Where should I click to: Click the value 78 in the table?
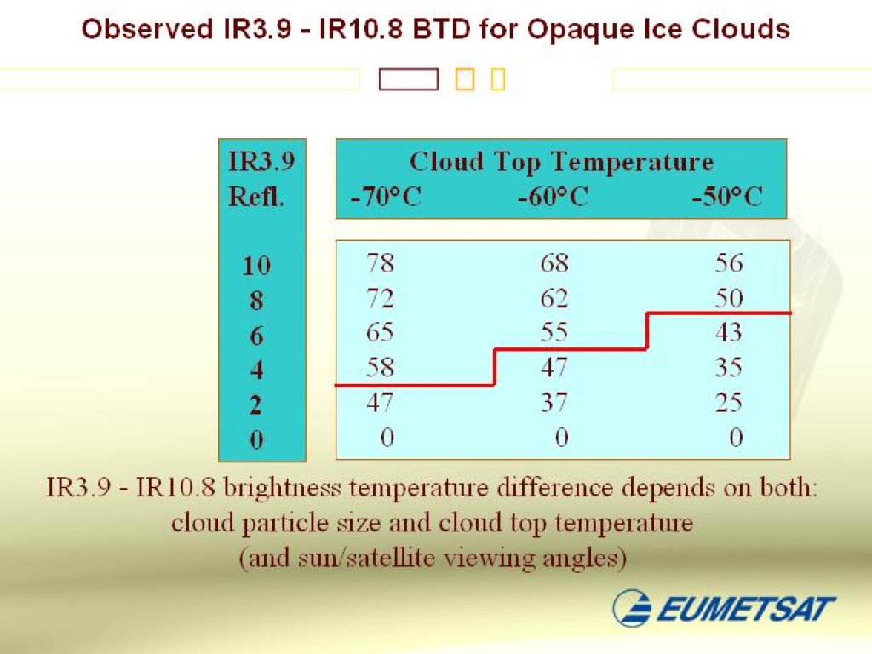381,262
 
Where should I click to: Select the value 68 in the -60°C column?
554,262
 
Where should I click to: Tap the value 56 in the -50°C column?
729,262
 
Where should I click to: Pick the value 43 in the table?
729,332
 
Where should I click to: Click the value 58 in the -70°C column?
381,367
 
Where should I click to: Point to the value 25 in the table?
729,402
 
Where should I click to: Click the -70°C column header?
386,197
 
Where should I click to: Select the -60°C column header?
553,197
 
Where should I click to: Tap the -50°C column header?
727,197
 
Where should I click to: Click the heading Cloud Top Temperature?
562,162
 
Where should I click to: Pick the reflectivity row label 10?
256,266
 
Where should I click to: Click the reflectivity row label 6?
256,336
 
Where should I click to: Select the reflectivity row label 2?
255,405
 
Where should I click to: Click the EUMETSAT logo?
724,607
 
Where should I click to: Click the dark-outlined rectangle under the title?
409,79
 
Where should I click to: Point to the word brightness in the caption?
282,488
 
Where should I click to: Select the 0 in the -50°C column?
736,437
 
